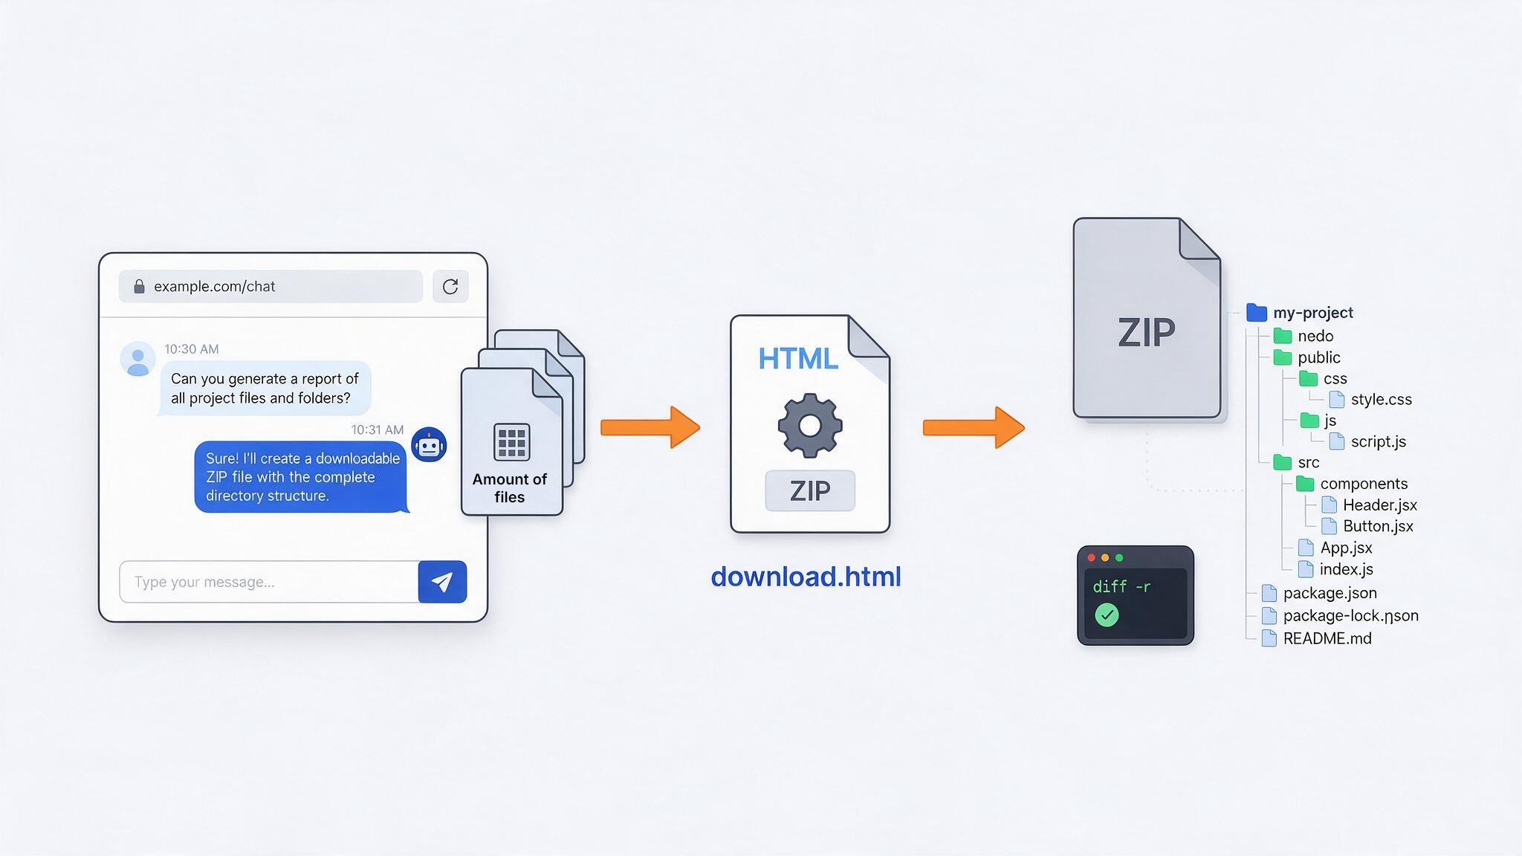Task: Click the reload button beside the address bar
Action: pyautogui.click(x=450, y=287)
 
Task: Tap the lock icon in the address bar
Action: pyautogui.click(x=139, y=287)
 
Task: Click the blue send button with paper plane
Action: pyautogui.click(x=442, y=582)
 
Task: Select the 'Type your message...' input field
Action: pyautogui.click(x=269, y=582)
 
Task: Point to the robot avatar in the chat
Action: pyautogui.click(x=429, y=444)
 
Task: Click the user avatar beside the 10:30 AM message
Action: pyautogui.click(x=137, y=359)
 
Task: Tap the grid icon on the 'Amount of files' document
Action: pyautogui.click(x=512, y=442)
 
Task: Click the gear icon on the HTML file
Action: pyautogui.click(x=810, y=426)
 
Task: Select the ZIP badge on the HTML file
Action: pyautogui.click(x=810, y=490)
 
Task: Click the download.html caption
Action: pyautogui.click(x=806, y=577)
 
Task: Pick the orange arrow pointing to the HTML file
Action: pyautogui.click(x=650, y=427)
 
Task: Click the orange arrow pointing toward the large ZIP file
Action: pyautogui.click(x=974, y=427)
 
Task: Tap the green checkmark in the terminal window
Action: pyautogui.click(x=1107, y=615)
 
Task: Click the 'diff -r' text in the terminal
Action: pyautogui.click(x=1121, y=587)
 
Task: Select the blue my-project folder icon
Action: pyautogui.click(x=1257, y=313)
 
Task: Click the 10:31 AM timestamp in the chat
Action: pyautogui.click(x=378, y=430)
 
